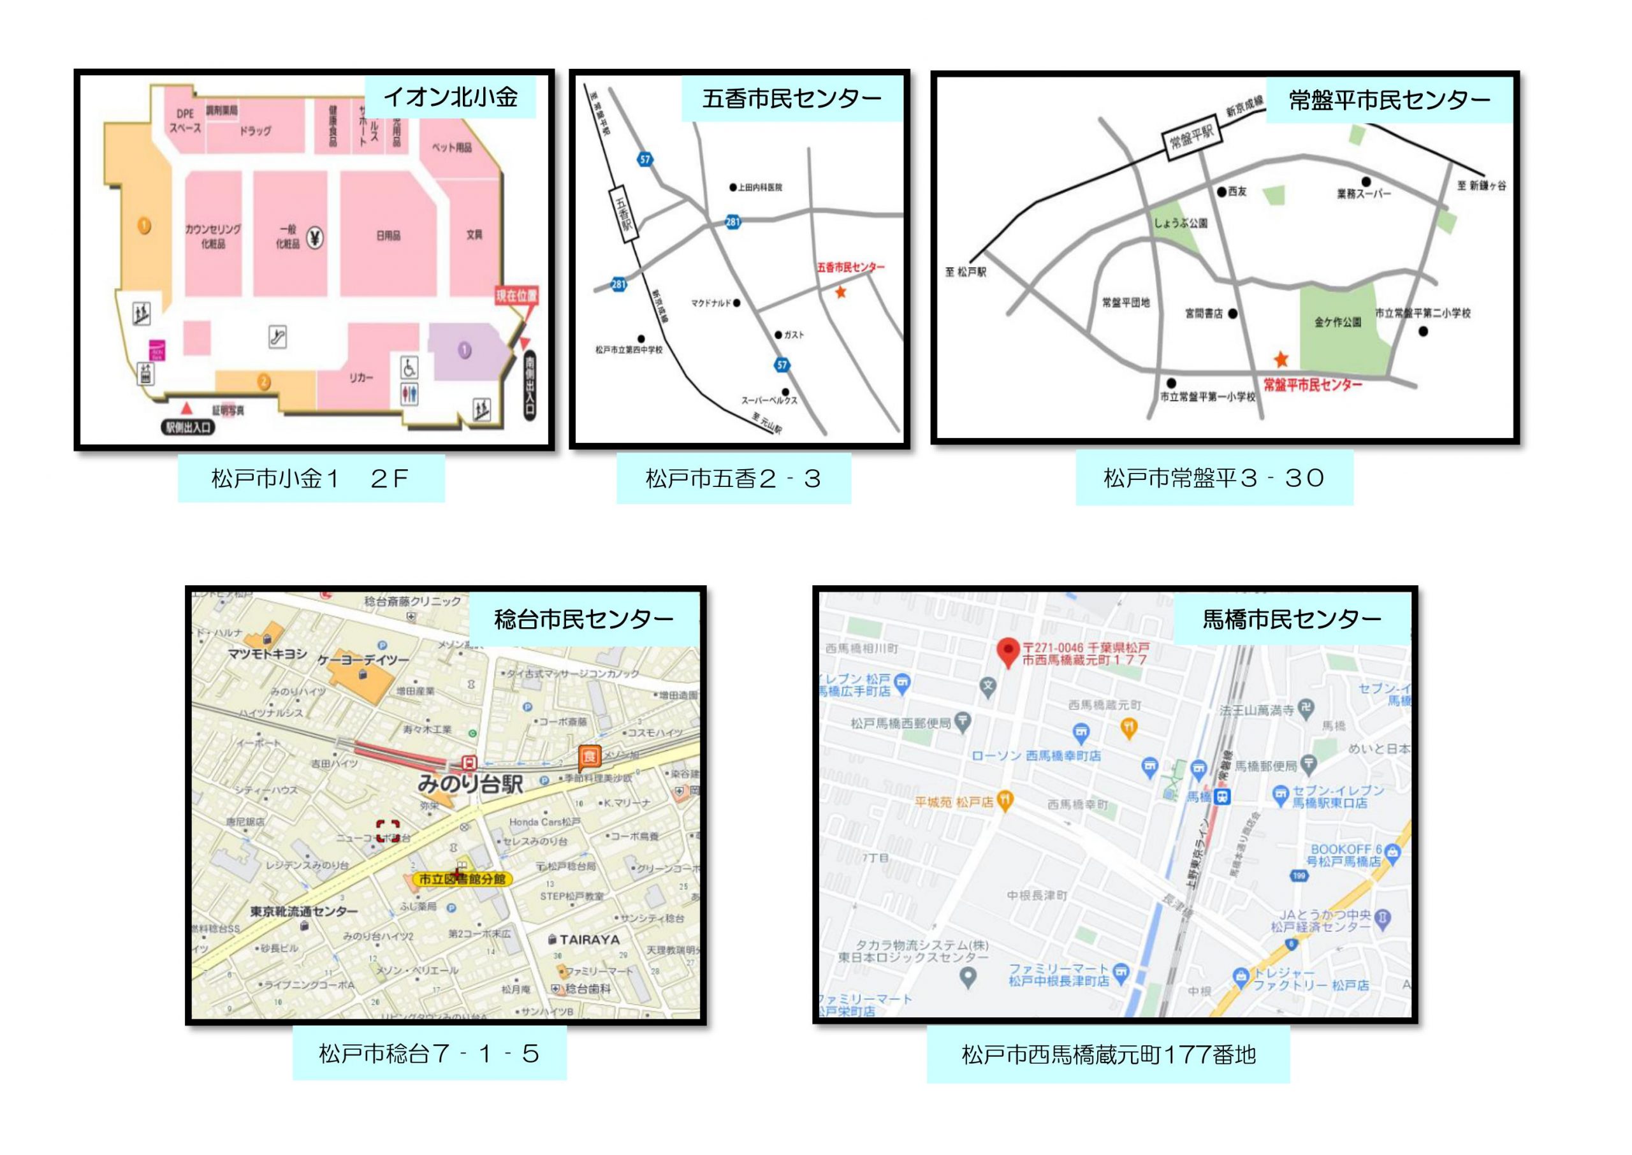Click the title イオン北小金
pyautogui.click(x=450, y=98)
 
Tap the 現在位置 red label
pyautogui.click(x=516, y=295)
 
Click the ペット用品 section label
pyautogui.click(x=451, y=148)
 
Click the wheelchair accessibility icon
pyautogui.click(x=409, y=368)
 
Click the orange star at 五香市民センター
pyautogui.click(x=840, y=291)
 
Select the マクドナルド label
pyautogui.click(x=711, y=303)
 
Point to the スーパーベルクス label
pyautogui.click(x=769, y=400)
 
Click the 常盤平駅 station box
pyautogui.click(x=1193, y=136)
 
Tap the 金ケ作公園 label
pyautogui.click(x=1337, y=322)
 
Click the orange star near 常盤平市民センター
pyautogui.click(x=1281, y=359)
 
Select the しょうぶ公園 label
pyautogui.click(x=1181, y=223)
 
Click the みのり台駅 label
pyautogui.click(x=470, y=785)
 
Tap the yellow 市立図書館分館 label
pyautogui.click(x=462, y=879)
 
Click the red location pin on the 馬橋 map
pyautogui.click(x=1008, y=651)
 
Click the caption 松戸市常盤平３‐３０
pyautogui.click(x=1213, y=478)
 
